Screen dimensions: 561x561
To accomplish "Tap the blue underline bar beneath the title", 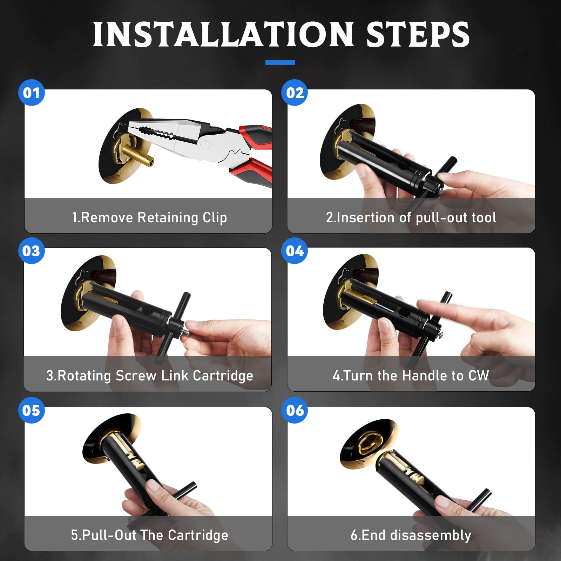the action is point(280,62).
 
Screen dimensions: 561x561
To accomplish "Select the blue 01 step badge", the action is point(32,93).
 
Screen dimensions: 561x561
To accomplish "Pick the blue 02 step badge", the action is point(295,93).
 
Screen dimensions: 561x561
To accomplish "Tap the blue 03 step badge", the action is point(32,251).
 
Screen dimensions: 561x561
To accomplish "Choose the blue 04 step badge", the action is point(295,251).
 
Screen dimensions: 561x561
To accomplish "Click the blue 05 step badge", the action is point(32,410).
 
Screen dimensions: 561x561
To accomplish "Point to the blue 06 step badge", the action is point(295,410).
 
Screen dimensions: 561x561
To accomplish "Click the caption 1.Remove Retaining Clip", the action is point(150,218).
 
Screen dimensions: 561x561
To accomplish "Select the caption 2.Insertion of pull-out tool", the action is point(411,218).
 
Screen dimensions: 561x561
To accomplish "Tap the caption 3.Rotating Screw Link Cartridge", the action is point(150,376).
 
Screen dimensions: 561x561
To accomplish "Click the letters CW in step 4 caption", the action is point(479,376).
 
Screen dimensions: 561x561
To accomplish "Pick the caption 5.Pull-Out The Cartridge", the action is point(150,535).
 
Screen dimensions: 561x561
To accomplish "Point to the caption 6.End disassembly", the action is point(411,535).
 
